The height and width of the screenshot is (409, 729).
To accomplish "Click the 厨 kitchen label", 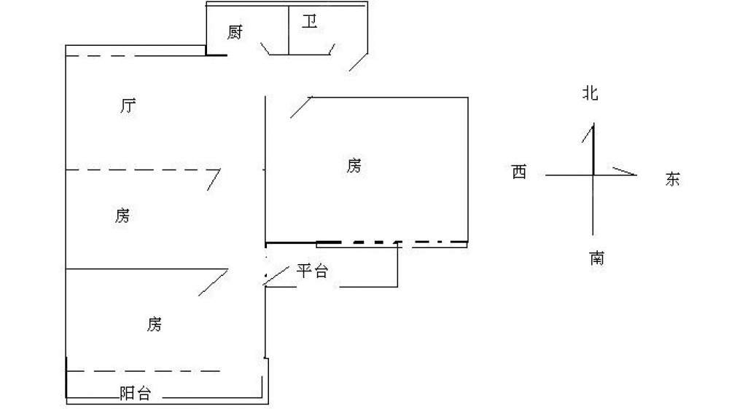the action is (235, 32).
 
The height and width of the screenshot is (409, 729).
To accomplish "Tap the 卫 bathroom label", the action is (310, 21).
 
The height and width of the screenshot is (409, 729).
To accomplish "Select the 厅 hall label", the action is (128, 106).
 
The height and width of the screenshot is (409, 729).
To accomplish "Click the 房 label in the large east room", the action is (354, 165).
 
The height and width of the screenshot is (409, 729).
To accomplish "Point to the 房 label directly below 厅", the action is (122, 215).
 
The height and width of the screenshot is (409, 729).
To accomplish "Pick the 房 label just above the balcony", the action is (155, 324).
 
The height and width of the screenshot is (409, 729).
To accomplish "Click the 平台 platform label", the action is (313, 271).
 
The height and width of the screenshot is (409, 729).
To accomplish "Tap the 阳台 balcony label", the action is (136, 393).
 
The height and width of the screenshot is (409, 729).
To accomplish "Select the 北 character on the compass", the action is (590, 93).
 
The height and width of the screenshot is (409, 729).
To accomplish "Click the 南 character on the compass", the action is (597, 258).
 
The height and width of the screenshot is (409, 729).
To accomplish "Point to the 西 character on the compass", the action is (519, 172).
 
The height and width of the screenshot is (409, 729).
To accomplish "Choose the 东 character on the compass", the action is (672, 179).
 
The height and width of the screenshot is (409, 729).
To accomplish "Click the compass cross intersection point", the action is (593, 175).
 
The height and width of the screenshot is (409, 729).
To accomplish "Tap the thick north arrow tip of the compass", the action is (593, 124).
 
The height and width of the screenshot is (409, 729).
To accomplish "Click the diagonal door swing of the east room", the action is (301, 107).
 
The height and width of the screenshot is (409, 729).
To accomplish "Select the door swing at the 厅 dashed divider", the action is (214, 180).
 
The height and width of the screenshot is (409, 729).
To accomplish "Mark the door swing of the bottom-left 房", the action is (214, 282).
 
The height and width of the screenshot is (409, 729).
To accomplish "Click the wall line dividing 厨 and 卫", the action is (289, 31).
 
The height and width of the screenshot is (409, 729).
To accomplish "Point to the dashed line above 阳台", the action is (144, 371).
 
